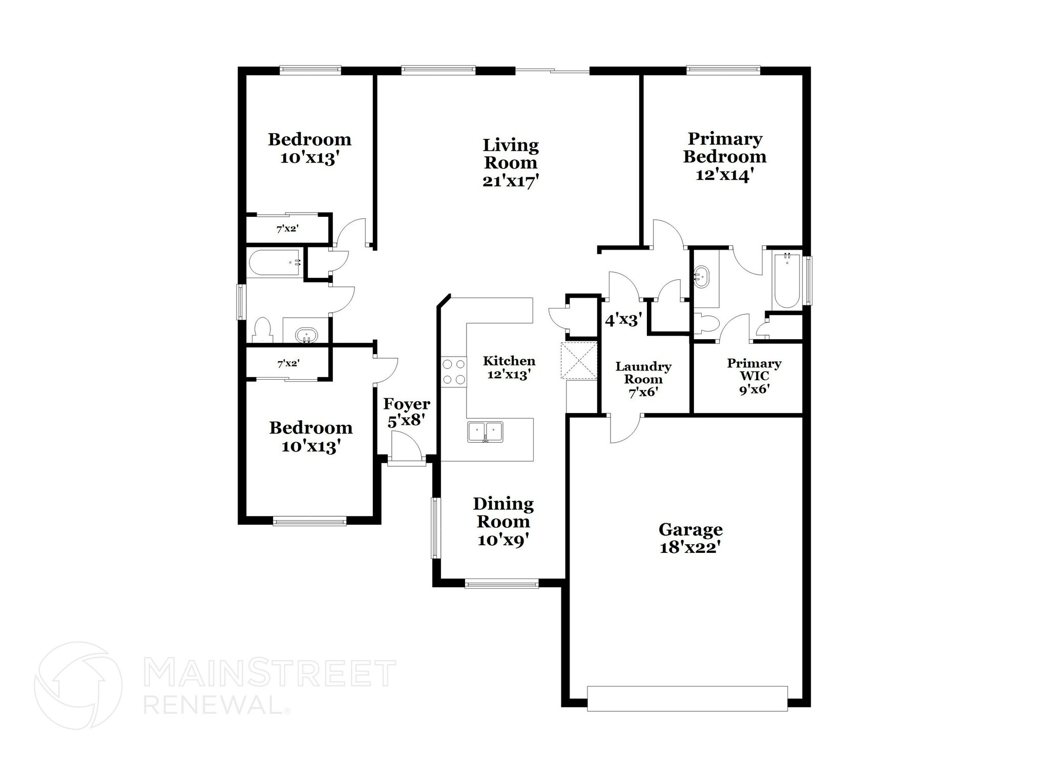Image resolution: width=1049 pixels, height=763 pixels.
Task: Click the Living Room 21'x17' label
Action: [x=510, y=163]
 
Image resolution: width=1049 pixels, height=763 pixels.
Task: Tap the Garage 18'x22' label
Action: [x=690, y=538]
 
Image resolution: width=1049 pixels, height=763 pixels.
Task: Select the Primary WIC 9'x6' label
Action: [x=754, y=376]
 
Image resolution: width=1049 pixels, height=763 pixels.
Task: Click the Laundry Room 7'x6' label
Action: [x=643, y=379]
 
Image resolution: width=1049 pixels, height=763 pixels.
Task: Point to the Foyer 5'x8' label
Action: [x=406, y=413]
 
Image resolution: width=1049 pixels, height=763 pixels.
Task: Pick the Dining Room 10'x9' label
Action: [x=503, y=522]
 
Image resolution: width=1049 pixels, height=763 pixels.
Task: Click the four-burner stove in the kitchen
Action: [x=454, y=372]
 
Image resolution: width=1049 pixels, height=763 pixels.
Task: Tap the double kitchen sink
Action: [x=485, y=431]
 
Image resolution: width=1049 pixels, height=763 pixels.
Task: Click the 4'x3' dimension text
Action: [x=623, y=321]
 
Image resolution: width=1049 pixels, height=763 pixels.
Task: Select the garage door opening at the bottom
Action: [x=687, y=698]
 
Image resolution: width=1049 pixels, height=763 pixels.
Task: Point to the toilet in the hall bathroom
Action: [x=262, y=331]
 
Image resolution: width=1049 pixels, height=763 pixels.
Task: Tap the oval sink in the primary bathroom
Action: [x=701, y=277]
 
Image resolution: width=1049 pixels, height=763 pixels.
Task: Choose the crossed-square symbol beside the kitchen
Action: [x=579, y=361]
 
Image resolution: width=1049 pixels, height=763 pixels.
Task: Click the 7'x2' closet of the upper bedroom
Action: [x=287, y=229]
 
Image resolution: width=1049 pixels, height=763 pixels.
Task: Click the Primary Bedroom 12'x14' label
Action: [x=724, y=156]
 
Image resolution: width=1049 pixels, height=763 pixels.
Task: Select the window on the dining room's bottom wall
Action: [x=501, y=583]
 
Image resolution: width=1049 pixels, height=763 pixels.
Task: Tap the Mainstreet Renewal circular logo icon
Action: [x=78, y=685]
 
